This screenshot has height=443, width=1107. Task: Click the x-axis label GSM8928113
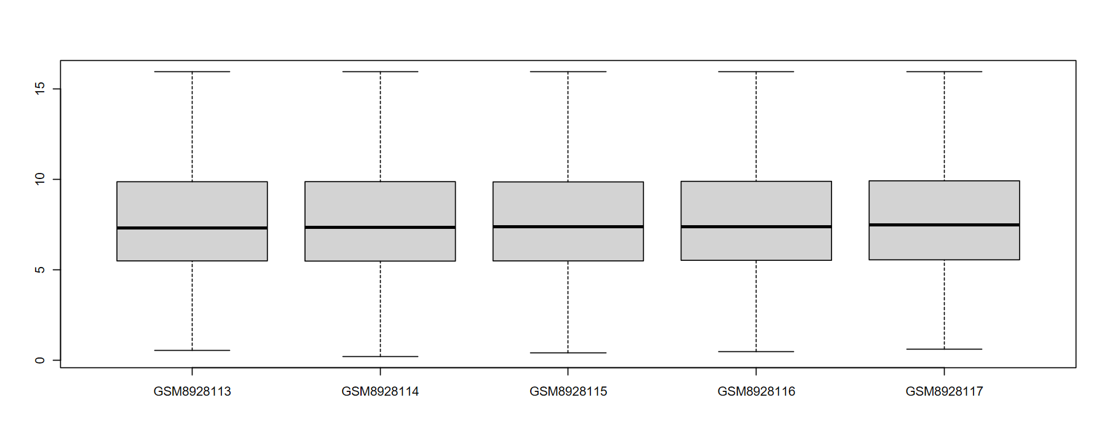(192, 391)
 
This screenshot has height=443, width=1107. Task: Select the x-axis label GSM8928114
(380, 391)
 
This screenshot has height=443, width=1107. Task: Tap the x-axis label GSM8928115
(568, 391)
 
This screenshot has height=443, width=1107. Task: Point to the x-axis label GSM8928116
(756, 391)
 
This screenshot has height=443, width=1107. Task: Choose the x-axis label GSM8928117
(944, 391)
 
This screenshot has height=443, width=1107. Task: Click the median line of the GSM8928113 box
(192, 228)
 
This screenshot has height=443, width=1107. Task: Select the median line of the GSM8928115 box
(568, 226)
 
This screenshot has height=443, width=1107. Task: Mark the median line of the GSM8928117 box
(944, 225)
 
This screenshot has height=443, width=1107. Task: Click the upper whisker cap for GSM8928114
(380, 71)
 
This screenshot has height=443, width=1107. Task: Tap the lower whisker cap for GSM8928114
(380, 356)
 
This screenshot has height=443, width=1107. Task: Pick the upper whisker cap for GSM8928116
(756, 71)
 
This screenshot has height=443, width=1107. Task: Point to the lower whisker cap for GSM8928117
(944, 349)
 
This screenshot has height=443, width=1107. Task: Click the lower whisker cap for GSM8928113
(192, 350)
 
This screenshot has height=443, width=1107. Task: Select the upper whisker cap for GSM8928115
(568, 71)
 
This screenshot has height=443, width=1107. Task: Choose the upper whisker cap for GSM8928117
(944, 71)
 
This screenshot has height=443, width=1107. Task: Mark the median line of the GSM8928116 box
(756, 226)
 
